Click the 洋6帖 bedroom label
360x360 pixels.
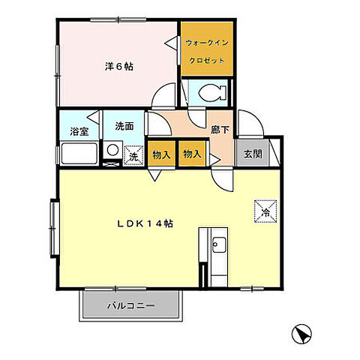tap(118, 67)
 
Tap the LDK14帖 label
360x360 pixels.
tap(145, 223)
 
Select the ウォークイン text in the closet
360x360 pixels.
tap(207, 43)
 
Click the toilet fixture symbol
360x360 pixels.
tap(212, 93)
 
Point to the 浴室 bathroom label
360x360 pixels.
tap(79, 131)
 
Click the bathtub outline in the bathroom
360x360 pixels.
tap(79, 153)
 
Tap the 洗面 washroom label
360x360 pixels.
tap(124, 126)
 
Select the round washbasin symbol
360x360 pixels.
tap(112, 149)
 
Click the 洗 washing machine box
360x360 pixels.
tap(133, 155)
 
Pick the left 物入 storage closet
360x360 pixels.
tap(161, 154)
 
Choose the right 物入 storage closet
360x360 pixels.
tap(192, 154)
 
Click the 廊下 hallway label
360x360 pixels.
tap(220, 130)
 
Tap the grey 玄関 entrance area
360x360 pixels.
tap(253, 153)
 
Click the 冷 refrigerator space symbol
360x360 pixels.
tap(265, 211)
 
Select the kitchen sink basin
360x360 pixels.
tap(219, 244)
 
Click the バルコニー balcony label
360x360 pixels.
tap(131, 305)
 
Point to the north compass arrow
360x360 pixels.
tap(301, 334)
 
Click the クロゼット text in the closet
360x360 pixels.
tap(207, 61)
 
